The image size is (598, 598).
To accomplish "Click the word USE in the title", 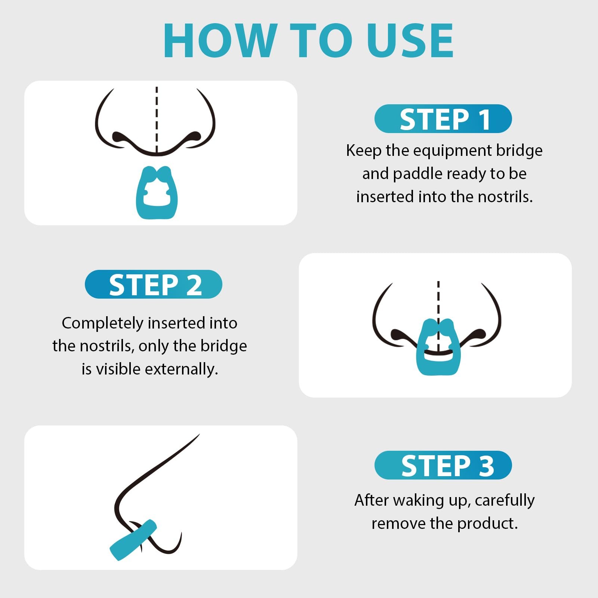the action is (x=410, y=40).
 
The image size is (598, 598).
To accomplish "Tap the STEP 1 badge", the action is (x=443, y=119).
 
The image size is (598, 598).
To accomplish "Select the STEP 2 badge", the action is (x=154, y=284).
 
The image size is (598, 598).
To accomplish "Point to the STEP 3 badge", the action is (x=443, y=465).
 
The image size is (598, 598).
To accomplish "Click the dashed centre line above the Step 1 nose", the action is (x=157, y=120).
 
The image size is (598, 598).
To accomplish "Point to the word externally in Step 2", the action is (x=181, y=369).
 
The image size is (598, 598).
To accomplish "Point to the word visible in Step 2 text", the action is (x=119, y=369).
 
